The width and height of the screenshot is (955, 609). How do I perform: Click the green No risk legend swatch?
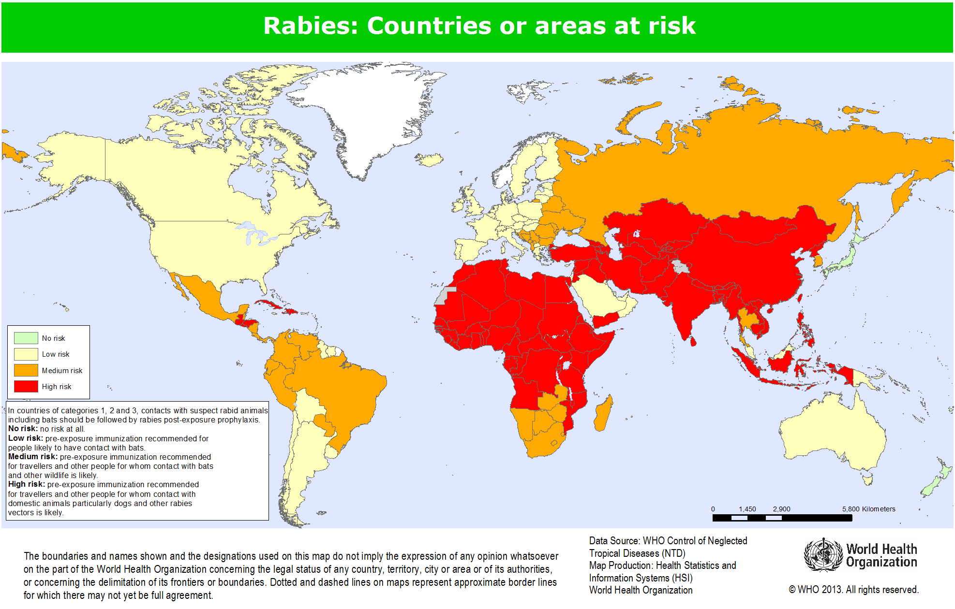point(26,338)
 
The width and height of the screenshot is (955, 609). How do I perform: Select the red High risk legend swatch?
point(26,386)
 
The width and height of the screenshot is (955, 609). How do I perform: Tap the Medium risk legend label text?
point(62,371)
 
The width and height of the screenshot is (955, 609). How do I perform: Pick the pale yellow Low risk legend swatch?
point(26,354)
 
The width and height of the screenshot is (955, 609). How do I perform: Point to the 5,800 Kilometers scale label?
point(868,509)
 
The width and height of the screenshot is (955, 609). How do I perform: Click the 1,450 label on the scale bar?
point(747,509)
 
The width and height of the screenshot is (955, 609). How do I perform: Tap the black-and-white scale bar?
point(782,518)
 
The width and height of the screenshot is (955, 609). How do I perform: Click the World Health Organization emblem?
point(823,555)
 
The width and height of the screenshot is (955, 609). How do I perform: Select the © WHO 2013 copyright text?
point(853,590)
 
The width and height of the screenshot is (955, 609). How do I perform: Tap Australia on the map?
point(832,435)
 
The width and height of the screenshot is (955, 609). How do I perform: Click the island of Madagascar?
point(603,414)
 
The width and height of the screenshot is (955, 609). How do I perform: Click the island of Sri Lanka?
point(693,342)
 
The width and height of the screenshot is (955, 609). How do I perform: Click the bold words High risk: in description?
point(27,484)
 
